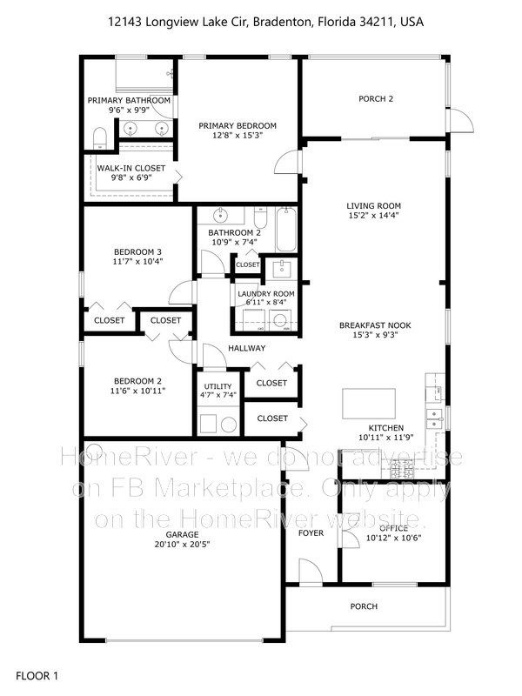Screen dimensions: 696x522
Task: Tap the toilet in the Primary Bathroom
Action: click(99, 137)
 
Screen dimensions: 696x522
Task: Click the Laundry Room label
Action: click(265, 294)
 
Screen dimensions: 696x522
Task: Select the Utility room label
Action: click(217, 386)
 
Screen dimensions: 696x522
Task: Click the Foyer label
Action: click(311, 532)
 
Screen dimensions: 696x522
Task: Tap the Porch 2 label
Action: click(376, 98)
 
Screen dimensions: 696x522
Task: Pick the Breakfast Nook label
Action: click(375, 325)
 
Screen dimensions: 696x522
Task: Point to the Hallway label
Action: click(246, 348)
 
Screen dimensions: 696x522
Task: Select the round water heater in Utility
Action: click(227, 425)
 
